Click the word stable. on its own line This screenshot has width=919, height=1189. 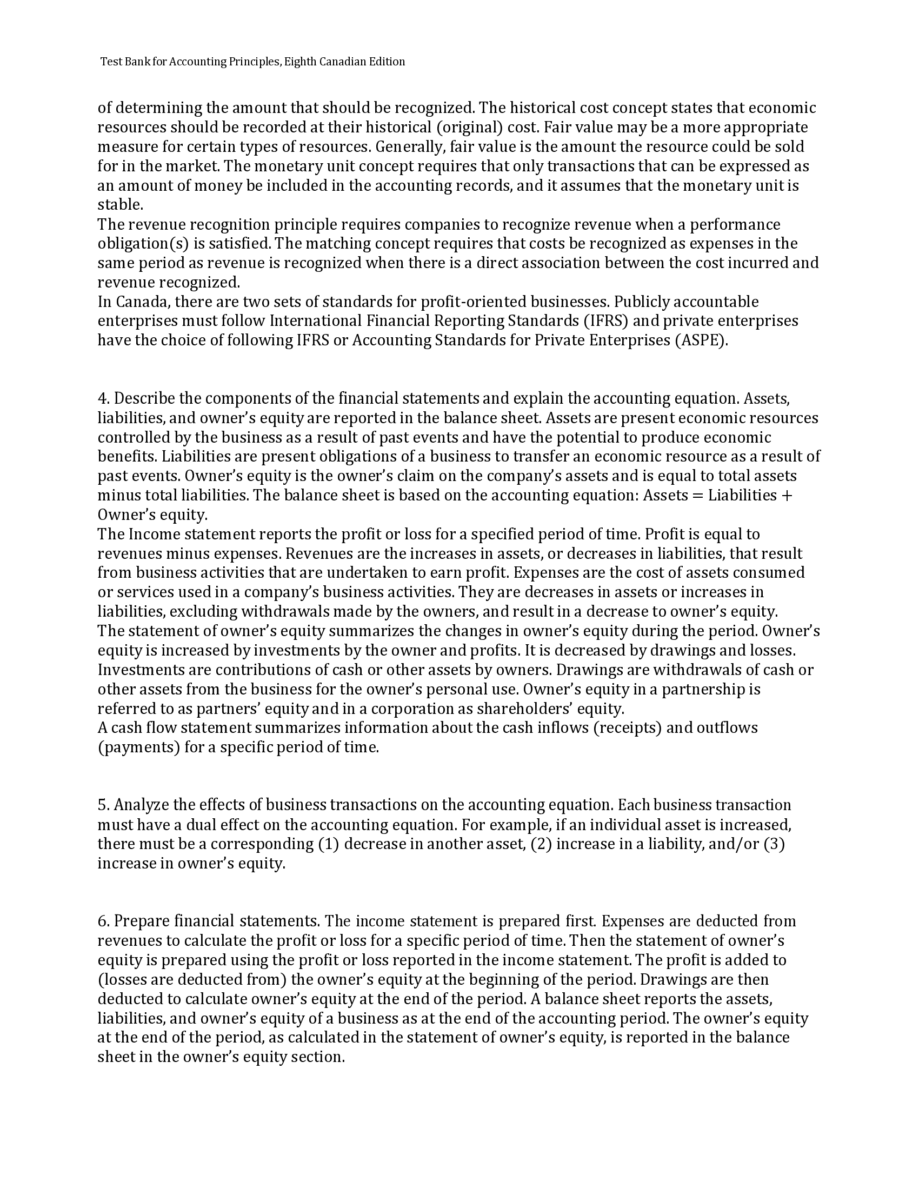pyautogui.click(x=121, y=205)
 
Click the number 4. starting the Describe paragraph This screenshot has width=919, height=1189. pyautogui.click(x=104, y=399)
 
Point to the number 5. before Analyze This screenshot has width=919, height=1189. pyautogui.click(x=104, y=805)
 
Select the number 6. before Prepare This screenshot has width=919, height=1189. pyautogui.click(x=104, y=921)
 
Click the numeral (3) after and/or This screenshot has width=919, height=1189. pyautogui.click(x=774, y=844)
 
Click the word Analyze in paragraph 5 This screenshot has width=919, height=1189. pyautogui.click(x=142, y=805)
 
